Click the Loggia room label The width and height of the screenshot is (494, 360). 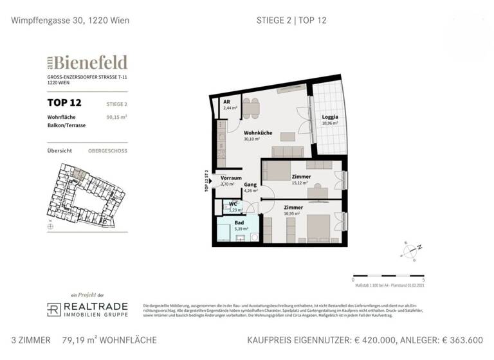(331, 117)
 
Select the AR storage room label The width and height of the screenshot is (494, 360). (226, 102)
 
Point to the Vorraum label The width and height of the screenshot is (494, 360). (231, 177)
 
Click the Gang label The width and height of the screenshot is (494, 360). (250, 184)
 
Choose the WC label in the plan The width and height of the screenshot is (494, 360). (233, 204)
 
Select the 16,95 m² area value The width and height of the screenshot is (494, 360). (293, 214)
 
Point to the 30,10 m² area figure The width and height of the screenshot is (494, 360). (251, 139)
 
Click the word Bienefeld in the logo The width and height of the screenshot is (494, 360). (91, 62)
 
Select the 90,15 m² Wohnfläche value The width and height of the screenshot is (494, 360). (116, 117)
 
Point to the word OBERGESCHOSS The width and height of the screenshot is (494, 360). (107, 150)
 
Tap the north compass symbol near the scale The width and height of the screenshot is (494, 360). (410, 248)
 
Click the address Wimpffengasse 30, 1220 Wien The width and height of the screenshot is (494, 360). (70, 20)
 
